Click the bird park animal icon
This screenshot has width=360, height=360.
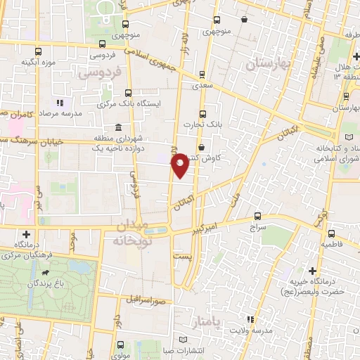46,271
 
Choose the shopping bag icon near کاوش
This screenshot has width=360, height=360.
202,148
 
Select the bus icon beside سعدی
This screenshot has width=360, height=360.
202,74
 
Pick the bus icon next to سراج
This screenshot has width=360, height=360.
257,216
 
